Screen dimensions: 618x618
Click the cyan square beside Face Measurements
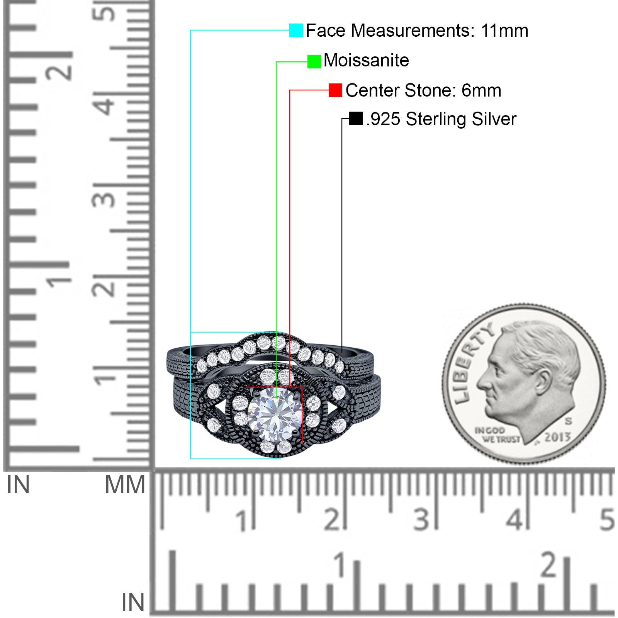[x=296, y=30]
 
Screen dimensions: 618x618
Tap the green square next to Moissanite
[x=314, y=61]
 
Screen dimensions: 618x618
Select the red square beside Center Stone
[x=335, y=90]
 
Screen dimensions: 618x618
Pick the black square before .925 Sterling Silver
[x=356, y=119]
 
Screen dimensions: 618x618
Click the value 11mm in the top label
[x=504, y=31]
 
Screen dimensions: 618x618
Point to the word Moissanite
[x=366, y=60]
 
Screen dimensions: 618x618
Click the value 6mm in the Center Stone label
[x=481, y=90]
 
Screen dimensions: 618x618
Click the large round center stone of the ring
[x=275, y=414]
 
